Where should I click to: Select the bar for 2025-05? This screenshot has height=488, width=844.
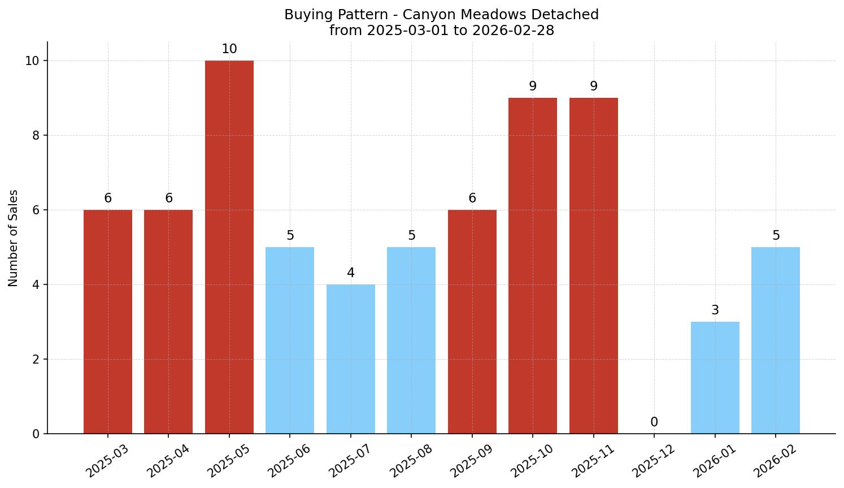229,247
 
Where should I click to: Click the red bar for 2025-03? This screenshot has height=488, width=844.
108,322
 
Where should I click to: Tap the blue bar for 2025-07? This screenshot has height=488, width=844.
351,359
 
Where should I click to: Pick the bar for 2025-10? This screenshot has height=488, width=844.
533,266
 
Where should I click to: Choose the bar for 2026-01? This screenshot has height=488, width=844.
715,378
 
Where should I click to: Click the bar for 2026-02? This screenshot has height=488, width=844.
776,340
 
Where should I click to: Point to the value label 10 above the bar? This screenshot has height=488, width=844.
229,49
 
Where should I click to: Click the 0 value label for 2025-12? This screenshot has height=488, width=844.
654,422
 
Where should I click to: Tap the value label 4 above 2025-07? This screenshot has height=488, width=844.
351,273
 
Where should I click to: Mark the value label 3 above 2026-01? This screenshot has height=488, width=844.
715,310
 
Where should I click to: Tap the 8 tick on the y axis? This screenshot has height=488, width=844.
36,136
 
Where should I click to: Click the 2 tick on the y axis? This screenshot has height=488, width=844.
36,360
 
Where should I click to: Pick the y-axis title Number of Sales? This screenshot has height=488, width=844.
14,238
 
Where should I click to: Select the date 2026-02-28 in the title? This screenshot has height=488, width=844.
513,31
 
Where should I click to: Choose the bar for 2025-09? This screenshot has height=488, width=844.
472,322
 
